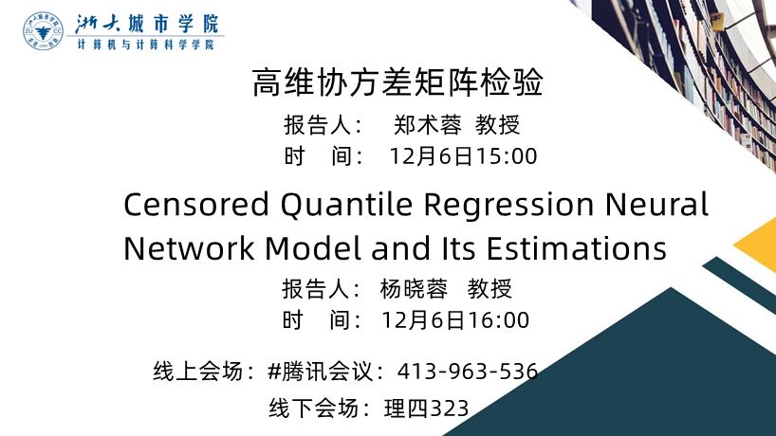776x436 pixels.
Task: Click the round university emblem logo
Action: coord(43,30)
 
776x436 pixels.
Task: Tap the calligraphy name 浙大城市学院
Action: coord(147,24)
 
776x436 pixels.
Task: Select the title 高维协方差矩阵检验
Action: coord(397,82)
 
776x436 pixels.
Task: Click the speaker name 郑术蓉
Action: coord(428,125)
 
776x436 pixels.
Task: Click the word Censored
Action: coord(196,205)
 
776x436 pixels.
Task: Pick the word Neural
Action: coord(656,205)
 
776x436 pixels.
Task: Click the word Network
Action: coord(189,248)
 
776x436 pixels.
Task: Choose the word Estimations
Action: coord(577,248)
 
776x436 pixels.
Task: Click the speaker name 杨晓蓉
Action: coord(414,289)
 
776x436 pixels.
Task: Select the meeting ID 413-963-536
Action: coord(468,372)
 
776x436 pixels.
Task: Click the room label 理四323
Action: coord(427,409)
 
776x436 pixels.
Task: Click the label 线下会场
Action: coord(313,409)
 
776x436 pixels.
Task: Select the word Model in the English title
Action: coord(312,248)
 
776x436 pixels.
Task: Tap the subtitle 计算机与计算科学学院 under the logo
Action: coord(145,45)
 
